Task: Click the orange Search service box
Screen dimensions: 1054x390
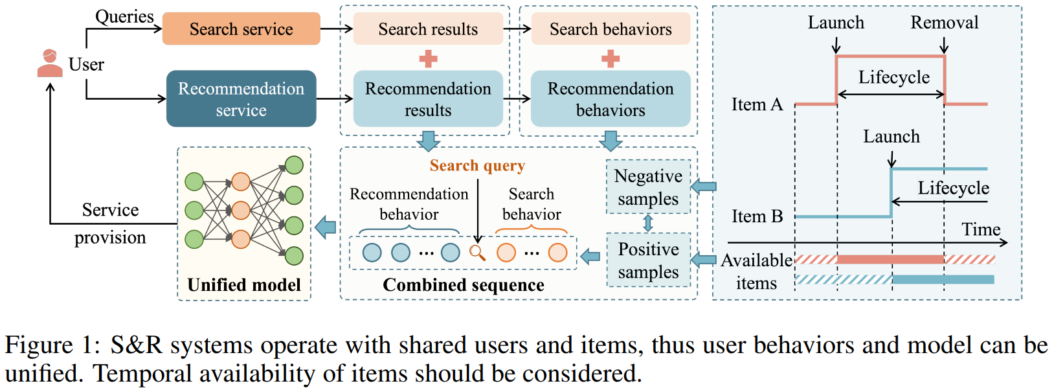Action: [241, 29]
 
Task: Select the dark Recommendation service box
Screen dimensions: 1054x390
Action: [241, 98]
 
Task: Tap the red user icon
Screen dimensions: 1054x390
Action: [50, 63]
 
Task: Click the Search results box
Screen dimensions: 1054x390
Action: [428, 29]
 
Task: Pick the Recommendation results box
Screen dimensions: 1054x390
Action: [428, 98]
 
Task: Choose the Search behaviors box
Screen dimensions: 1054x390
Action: [611, 29]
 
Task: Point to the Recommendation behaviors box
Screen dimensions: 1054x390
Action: [611, 98]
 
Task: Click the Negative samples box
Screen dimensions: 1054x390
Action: [649, 187]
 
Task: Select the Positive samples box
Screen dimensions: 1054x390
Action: [649, 260]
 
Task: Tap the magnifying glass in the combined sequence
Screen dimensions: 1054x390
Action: [477, 253]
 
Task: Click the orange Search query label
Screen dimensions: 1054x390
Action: [477, 166]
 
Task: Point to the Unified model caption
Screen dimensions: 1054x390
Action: [244, 284]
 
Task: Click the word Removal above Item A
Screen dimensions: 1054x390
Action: [945, 22]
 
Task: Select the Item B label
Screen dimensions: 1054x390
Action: [757, 216]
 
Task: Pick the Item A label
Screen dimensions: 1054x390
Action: [757, 104]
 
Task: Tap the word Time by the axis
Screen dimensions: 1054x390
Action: [981, 229]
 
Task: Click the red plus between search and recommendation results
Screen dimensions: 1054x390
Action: [428, 59]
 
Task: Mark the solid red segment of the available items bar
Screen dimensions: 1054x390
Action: [891, 260]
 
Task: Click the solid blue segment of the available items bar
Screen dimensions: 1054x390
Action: [943, 279]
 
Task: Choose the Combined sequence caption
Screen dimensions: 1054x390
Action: [464, 284]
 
